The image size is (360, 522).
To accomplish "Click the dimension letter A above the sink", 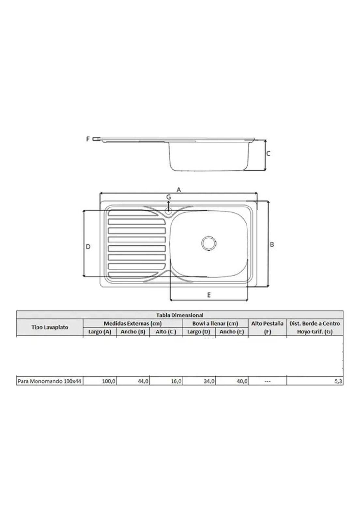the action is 179,190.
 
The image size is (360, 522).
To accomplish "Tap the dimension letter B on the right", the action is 272,244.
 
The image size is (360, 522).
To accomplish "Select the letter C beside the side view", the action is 268,154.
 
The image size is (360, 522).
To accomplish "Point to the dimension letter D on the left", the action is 88,246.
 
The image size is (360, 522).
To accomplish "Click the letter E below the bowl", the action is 209,295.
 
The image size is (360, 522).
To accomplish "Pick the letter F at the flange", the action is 88,139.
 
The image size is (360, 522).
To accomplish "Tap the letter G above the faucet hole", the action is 168,197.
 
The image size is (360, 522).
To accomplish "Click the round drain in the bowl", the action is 209,243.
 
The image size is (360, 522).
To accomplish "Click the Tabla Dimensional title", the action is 180,315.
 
